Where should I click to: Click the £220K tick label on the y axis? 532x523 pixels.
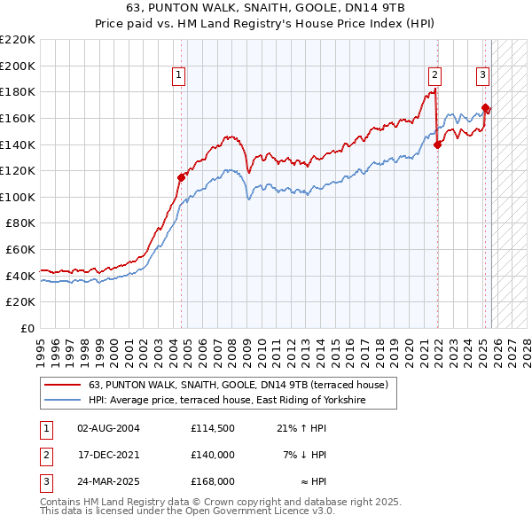point(18,40)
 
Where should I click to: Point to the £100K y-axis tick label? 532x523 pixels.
point(18,197)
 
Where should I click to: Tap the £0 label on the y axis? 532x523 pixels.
point(27,329)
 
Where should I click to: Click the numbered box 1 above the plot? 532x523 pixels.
point(179,76)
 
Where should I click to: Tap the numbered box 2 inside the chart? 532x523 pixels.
point(435,76)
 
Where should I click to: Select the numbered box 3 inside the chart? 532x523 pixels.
point(482,76)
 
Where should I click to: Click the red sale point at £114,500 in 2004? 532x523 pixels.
point(181,177)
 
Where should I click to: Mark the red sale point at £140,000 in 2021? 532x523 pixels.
point(438,145)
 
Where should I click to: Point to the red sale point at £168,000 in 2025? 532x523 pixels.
point(486,108)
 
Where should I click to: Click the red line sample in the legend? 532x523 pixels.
point(63,386)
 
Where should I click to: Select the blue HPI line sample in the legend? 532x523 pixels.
point(63,401)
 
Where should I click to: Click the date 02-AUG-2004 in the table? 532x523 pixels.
point(108,428)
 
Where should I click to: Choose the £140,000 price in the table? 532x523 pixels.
point(213,455)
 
